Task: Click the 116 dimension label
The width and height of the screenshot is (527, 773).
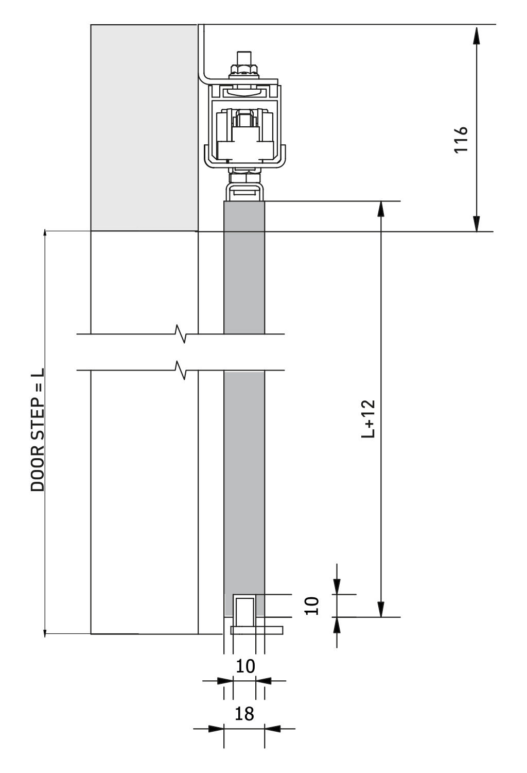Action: click(x=461, y=140)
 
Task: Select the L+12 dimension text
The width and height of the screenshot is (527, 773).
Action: click(x=368, y=418)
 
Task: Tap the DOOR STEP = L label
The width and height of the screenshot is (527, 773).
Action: click(x=38, y=430)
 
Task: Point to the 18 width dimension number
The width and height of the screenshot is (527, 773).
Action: click(x=244, y=713)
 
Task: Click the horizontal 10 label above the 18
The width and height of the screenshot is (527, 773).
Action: click(x=245, y=666)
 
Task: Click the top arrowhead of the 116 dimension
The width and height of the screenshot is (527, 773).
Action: click(x=477, y=35)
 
